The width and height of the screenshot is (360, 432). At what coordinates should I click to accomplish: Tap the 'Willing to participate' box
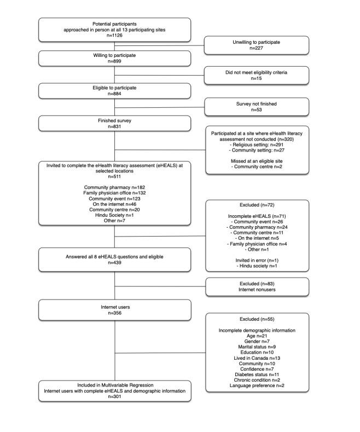pos(114,58)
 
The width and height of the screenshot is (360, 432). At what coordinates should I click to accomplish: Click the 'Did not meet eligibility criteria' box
pos(257,75)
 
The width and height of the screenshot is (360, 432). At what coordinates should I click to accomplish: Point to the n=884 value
pos(114,94)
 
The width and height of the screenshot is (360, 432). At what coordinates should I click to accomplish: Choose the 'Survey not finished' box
pos(257,106)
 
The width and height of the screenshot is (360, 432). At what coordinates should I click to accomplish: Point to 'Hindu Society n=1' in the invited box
pos(114,217)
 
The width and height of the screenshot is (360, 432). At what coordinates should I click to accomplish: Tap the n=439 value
pos(114,262)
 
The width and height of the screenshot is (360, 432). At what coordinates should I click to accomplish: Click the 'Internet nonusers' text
pos(257,289)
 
